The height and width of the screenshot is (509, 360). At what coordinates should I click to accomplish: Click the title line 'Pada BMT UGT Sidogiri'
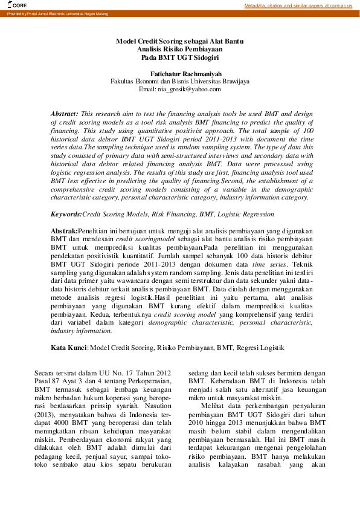[180, 58]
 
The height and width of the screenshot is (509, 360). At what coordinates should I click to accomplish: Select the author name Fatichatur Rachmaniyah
[180, 73]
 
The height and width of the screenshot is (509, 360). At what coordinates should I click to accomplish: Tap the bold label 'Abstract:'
[64, 114]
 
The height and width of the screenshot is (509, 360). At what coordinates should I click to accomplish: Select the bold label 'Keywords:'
[66, 214]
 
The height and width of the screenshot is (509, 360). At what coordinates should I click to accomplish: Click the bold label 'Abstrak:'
[65, 232]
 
